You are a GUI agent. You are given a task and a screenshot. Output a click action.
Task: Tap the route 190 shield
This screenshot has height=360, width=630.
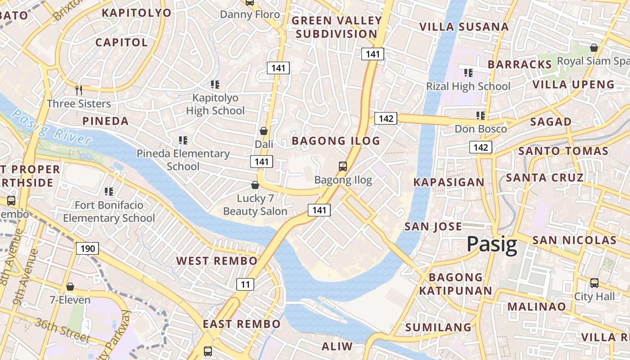pyautogui.click(x=87, y=248)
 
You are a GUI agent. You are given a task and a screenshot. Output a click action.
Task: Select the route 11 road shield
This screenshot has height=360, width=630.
pyautogui.click(x=245, y=284)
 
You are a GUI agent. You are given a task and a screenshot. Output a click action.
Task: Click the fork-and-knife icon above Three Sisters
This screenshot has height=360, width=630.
pyautogui.click(x=79, y=90)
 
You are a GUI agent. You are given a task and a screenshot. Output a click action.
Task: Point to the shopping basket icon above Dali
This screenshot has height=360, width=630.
pyautogui.click(x=264, y=131)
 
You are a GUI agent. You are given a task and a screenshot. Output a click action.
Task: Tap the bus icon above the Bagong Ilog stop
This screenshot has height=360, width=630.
pyautogui.click(x=343, y=166)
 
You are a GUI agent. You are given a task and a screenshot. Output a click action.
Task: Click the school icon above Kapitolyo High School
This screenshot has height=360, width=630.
pyautogui.click(x=215, y=84)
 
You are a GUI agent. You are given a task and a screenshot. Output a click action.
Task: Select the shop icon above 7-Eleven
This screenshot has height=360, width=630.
pyautogui.click(x=70, y=287)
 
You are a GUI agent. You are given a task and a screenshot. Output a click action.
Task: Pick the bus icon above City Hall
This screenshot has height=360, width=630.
pyautogui.click(x=594, y=283)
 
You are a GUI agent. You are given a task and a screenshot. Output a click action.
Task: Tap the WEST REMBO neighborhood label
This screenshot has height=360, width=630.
pyautogui.click(x=217, y=261)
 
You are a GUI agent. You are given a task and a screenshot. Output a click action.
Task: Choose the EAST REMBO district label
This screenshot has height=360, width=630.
pyautogui.click(x=242, y=324)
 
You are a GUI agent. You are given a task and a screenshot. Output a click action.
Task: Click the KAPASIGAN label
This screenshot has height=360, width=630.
pyautogui.click(x=449, y=182)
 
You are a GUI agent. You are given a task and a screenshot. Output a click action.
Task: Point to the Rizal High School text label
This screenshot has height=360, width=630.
pyautogui.click(x=468, y=86)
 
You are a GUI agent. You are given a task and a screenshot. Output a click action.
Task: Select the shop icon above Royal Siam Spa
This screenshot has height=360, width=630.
pyautogui.click(x=594, y=48)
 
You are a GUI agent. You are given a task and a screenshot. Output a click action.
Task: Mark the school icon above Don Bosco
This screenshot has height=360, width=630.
pyautogui.click(x=481, y=116)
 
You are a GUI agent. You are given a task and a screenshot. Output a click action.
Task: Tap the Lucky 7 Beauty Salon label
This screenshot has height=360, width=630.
pyautogui.click(x=255, y=205)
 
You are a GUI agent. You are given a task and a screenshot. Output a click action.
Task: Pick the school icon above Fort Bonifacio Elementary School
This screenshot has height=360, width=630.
pyautogui.click(x=108, y=192)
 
